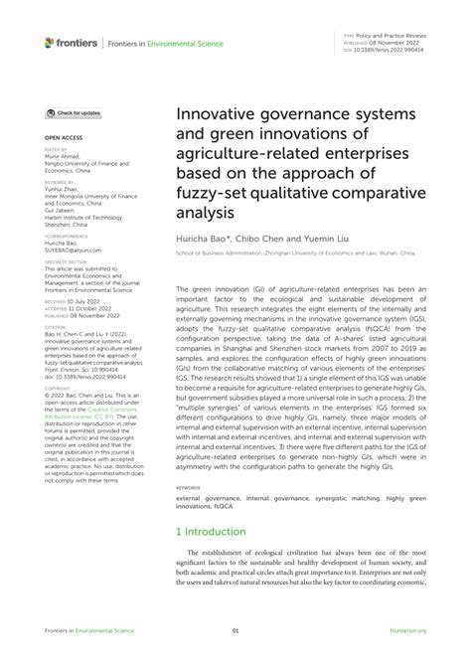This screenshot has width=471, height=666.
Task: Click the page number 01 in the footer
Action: coord(235,630)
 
